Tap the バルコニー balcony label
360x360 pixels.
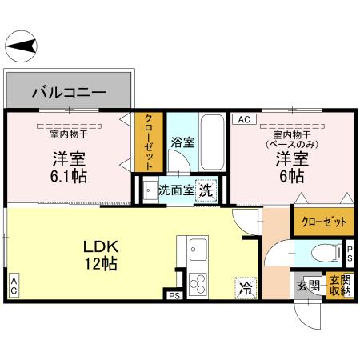[x=69, y=92]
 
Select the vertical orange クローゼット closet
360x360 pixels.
[x=149, y=142]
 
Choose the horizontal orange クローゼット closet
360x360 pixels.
[x=318, y=222]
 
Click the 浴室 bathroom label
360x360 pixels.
[x=182, y=143]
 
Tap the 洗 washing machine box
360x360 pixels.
[x=206, y=191]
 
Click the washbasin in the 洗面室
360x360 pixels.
[x=150, y=191]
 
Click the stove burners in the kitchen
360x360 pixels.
[x=197, y=283]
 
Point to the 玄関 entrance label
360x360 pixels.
[x=308, y=286]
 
